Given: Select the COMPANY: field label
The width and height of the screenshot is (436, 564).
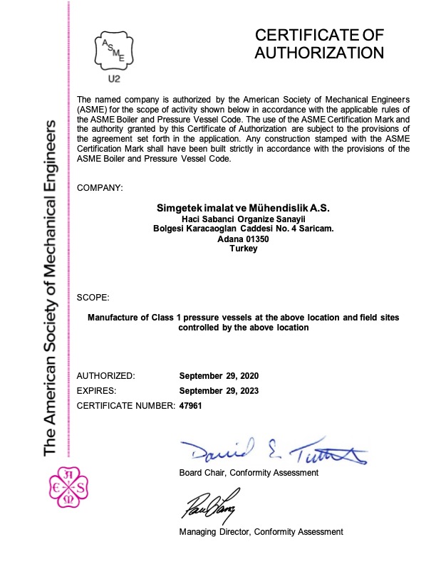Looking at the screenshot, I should [x=99, y=187].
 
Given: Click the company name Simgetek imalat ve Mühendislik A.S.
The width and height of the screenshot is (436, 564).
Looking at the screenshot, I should [x=243, y=207].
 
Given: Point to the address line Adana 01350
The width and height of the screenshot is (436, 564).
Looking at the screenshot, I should [x=243, y=239].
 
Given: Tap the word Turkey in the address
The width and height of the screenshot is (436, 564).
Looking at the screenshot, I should [x=243, y=250].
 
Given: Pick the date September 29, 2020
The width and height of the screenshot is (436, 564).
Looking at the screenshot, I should [x=219, y=375].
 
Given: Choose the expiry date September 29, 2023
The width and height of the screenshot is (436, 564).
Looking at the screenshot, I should [x=219, y=390].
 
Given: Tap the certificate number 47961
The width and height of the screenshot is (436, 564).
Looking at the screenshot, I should [x=192, y=405].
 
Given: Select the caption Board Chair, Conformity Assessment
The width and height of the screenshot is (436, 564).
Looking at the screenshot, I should [x=249, y=473].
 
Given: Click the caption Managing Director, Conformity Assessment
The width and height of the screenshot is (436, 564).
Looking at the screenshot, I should [x=261, y=531].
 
